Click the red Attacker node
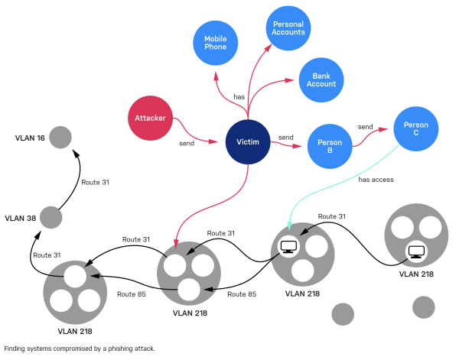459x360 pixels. pyautogui.click(x=150, y=118)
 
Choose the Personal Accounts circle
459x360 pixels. pyautogui.click(x=288, y=28)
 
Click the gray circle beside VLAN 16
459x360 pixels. pyautogui.click(x=61, y=138)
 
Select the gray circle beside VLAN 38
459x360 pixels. pyautogui.click(x=50, y=217)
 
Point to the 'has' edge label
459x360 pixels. pyautogui.click(x=238, y=96)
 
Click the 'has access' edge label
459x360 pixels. pyautogui.click(x=376, y=180)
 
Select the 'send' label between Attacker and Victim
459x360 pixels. pyautogui.click(x=186, y=144)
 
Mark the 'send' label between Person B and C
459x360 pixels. pyautogui.click(x=366, y=127)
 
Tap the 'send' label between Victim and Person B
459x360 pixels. pyautogui.click(x=285, y=138)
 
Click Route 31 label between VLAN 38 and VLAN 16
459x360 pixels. pyautogui.click(x=96, y=182)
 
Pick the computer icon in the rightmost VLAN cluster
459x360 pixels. pyautogui.click(x=415, y=250)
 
